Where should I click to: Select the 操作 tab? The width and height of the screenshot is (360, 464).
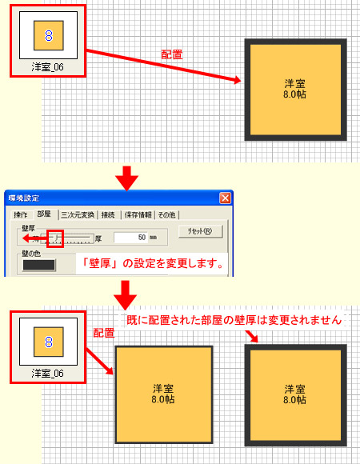pos(21,214)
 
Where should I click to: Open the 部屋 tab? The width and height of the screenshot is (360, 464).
pos(45,214)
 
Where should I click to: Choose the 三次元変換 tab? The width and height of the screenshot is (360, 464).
pos(78,214)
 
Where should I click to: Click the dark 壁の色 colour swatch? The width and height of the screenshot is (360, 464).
pos(39,265)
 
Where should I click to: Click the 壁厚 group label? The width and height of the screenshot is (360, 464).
pos(24,228)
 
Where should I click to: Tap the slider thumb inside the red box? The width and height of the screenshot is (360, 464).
pos(55,238)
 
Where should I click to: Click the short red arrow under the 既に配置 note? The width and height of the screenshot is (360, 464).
pos(254,336)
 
